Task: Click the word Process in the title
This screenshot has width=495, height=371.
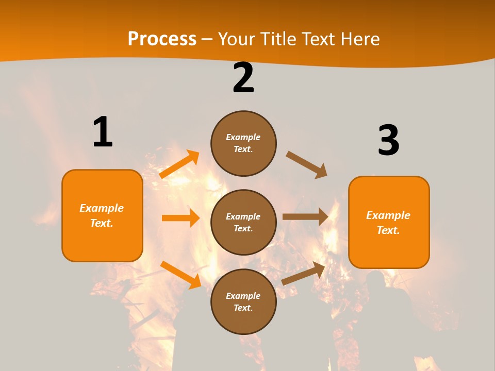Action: pos(162,39)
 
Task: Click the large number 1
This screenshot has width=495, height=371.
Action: pos(103,132)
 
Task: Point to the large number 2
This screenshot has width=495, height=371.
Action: pos(243,78)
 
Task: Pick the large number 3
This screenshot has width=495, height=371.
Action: pos(388,141)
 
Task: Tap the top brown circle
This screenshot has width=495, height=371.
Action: pos(243,143)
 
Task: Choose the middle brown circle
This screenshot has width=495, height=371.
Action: pos(243,222)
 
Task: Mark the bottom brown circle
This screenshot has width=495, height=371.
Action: pos(243,301)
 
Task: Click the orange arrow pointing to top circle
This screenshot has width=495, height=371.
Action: pos(179,164)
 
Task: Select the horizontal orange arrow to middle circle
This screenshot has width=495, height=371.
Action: pos(180,218)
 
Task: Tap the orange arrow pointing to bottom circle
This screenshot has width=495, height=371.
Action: pos(180,275)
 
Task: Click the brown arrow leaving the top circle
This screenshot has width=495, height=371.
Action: pos(307,164)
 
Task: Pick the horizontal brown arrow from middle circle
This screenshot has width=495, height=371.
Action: pos(305,216)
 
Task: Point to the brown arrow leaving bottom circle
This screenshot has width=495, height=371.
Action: pos(304,273)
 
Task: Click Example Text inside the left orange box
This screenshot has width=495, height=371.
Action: pos(102,215)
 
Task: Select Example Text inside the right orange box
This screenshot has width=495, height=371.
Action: pos(388,223)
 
